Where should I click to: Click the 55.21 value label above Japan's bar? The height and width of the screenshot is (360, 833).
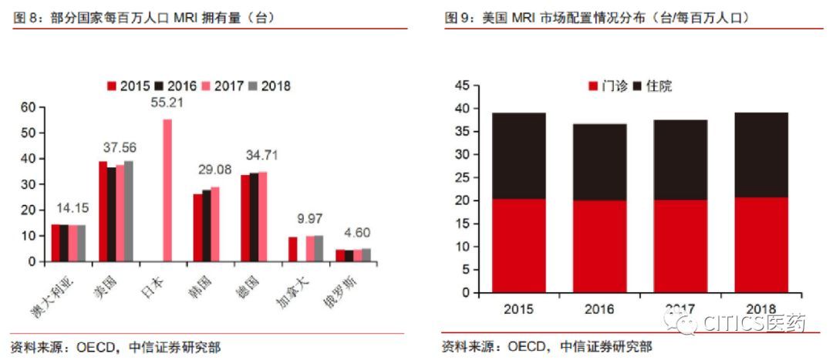point(167,102)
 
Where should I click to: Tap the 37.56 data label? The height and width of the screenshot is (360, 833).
point(120,147)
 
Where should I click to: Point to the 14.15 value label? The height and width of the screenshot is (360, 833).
point(72,207)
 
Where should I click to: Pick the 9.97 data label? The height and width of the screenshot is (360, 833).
point(309,218)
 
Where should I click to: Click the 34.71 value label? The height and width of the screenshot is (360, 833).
point(261,156)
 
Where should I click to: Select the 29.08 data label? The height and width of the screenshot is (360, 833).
point(214,170)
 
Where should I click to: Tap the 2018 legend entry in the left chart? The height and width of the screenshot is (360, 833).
point(269,86)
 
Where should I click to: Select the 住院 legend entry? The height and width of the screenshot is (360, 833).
point(653,86)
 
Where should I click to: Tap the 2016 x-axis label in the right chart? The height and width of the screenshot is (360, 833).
point(599,309)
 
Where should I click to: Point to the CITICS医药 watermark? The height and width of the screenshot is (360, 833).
point(740,324)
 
